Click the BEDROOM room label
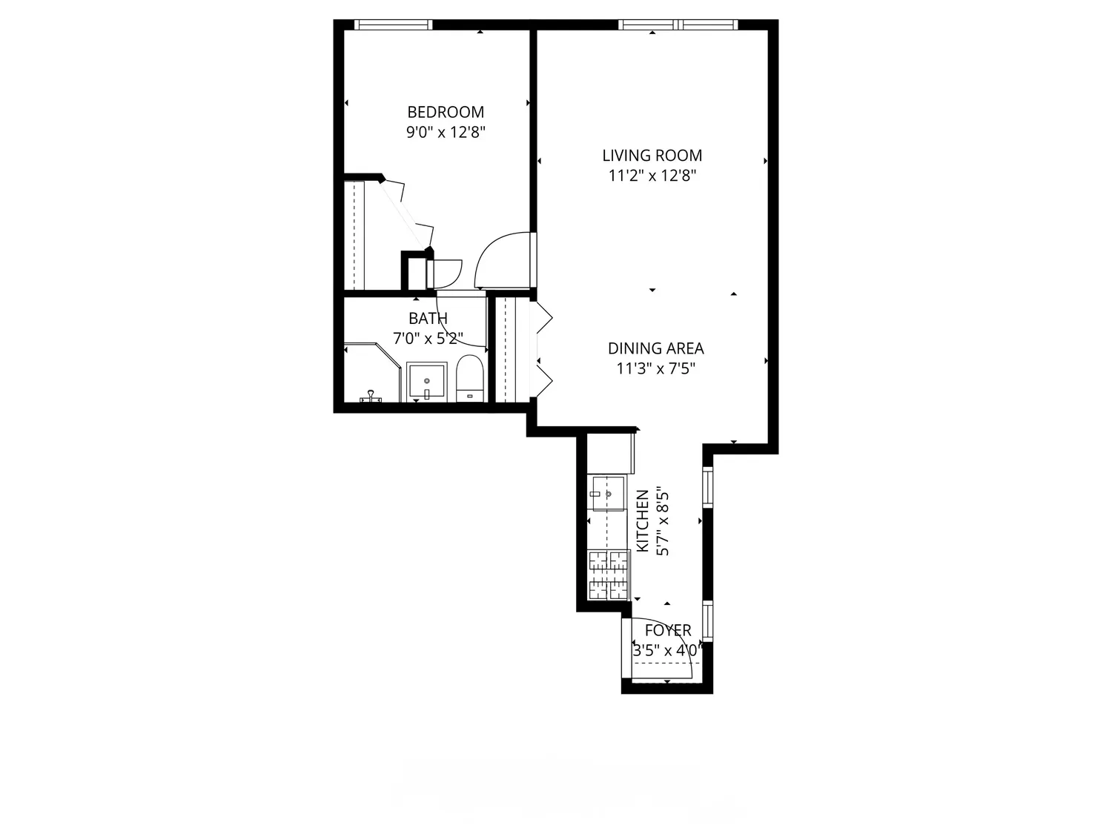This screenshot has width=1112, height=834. click(x=446, y=112)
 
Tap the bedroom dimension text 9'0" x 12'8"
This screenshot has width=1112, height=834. click(x=446, y=132)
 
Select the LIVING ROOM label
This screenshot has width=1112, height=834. click(x=652, y=156)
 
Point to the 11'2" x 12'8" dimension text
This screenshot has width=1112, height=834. click(x=652, y=176)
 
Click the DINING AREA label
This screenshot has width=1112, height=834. click(x=655, y=348)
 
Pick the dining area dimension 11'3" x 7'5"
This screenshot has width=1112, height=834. click(x=655, y=368)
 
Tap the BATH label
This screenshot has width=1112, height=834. click(x=428, y=319)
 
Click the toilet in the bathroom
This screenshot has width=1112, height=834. click(x=469, y=378)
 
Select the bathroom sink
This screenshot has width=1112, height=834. click(x=426, y=382)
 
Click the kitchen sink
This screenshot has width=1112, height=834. click(x=607, y=493)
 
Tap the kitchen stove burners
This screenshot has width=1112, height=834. click(x=609, y=575)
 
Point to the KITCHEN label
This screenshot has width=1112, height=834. click(x=643, y=521)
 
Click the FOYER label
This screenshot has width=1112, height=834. click(x=668, y=630)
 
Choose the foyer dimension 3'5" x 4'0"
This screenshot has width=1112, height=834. click(x=668, y=651)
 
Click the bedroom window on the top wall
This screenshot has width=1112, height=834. click(x=393, y=24)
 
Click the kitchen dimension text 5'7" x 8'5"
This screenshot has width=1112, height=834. click(x=663, y=523)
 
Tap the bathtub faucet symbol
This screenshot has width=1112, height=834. click(x=371, y=397)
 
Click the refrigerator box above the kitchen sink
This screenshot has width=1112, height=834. click(x=610, y=453)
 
